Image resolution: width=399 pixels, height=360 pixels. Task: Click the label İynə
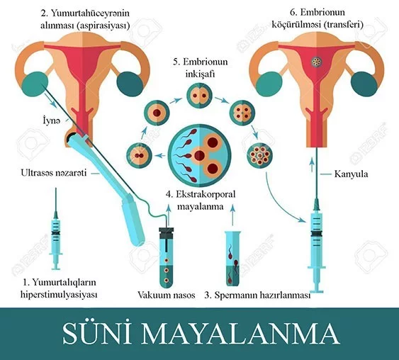coord(52,121)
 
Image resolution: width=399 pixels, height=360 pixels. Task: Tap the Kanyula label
coord(351,174)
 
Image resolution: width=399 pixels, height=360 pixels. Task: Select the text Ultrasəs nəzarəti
coord(54,173)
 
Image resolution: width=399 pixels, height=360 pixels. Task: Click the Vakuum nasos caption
coord(167,295)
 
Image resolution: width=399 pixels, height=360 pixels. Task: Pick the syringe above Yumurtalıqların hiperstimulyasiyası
coord(56,228)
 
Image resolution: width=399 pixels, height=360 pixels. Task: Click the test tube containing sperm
coord(233,259)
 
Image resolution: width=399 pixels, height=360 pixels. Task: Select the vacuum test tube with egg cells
coord(166,257)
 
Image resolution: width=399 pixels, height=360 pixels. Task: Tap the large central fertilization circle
coord(200,155)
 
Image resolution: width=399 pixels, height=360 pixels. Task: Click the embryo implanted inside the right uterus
coord(317,62)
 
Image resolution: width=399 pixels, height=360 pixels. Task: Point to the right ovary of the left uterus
coord(130,84)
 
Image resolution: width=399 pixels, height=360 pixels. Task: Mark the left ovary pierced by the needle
coord(35,84)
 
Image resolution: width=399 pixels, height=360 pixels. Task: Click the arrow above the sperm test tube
coord(232,214)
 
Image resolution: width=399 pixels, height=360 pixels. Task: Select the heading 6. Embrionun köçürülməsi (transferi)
coord(317,18)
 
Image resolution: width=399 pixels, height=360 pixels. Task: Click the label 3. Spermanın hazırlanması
coord(257,296)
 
